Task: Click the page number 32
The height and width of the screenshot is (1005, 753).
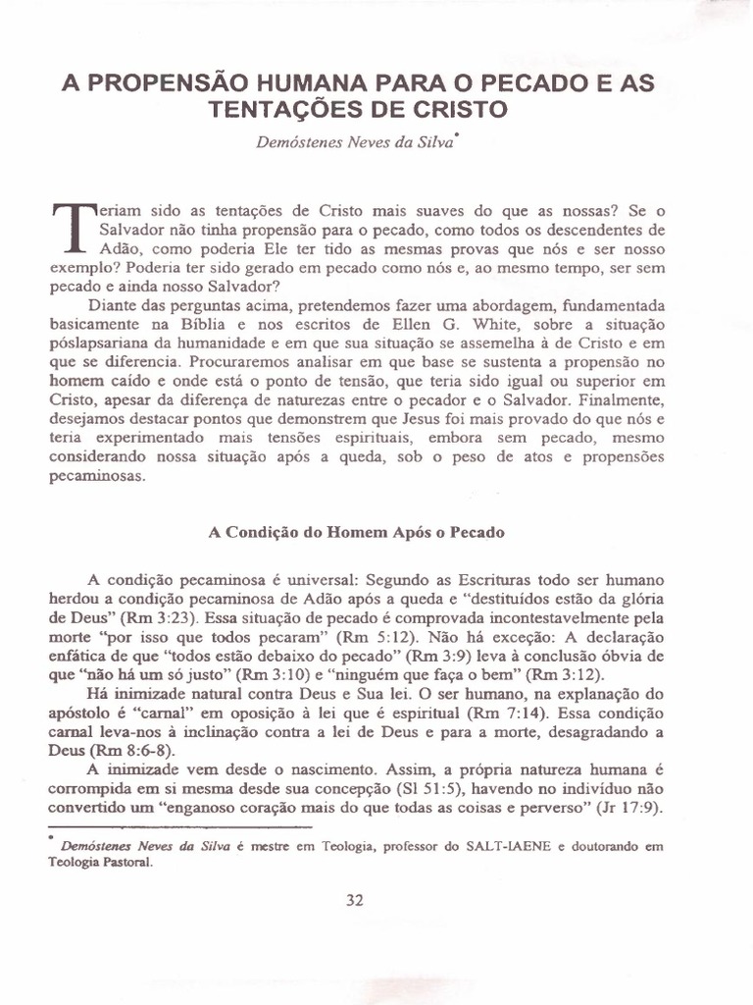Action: [x=355, y=903]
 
